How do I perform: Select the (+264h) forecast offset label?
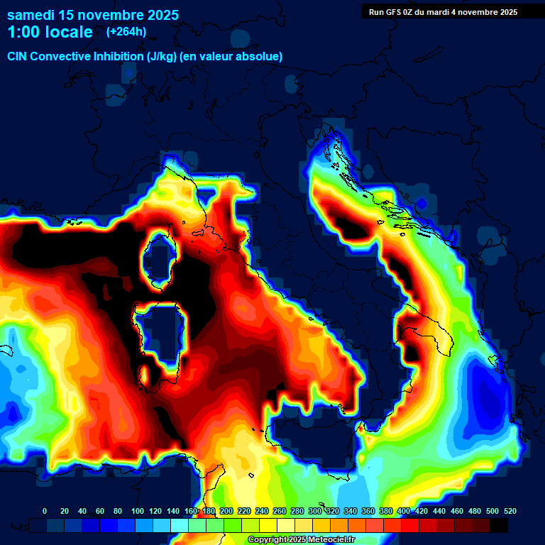(x=126, y=32)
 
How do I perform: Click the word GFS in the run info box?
(x=398, y=12)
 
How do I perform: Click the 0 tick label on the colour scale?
(x=45, y=511)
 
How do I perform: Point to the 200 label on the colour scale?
(x=226, y=511)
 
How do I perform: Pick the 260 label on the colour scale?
(x=280, y=511)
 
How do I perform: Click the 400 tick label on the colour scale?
(x=404, y=511)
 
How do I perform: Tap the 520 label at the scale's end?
(x=510, y=511)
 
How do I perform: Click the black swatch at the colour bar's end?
(x=499, y=525)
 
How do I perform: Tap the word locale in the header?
(x=69, y=32)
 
